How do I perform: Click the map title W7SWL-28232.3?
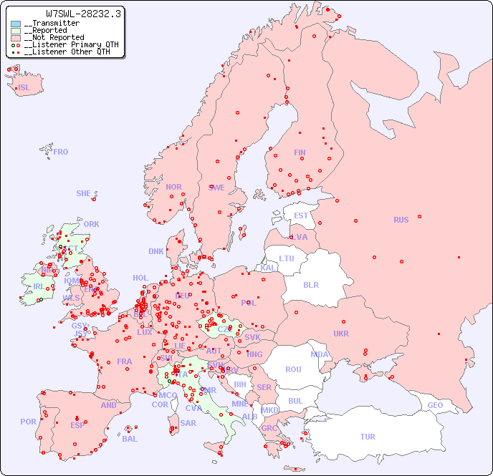83,14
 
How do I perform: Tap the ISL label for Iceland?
24,88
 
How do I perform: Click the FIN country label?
300,152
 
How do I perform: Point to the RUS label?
401,220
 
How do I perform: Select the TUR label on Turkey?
368,437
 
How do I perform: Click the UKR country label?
341,334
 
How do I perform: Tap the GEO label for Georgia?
435,405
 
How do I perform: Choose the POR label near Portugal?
28,422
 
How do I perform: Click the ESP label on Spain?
77,424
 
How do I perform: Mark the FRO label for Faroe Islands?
61,152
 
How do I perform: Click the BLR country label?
310,284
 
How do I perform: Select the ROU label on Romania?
293,369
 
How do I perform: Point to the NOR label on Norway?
173,187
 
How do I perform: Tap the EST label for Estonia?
301,215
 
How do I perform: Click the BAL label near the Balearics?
130,439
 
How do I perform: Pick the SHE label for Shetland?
84,193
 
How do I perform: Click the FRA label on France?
125,361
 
